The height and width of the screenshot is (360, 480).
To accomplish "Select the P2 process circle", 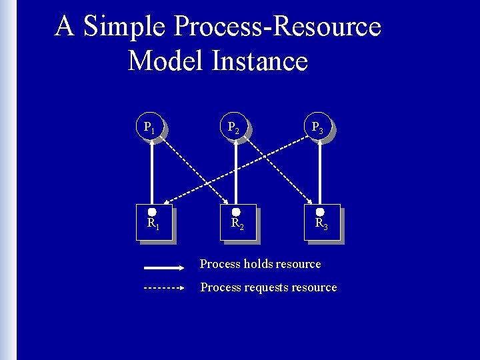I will pos(234,126).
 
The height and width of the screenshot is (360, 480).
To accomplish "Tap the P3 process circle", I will pos(318,126).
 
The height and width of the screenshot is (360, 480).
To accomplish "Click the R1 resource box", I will pos(154,222).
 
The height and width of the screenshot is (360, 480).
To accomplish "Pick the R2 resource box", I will pos(238,222).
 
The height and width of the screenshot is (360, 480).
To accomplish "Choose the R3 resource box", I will pos(322,222).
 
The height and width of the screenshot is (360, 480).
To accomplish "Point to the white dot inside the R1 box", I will pos(152,212).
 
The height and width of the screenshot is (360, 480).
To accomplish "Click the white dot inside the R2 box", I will pos(236,212).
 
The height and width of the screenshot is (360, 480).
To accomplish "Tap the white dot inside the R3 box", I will pos(320,212).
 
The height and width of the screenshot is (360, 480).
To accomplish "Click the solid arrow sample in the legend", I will pos(163,267).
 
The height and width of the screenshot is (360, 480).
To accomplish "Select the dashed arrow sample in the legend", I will pos(163,289).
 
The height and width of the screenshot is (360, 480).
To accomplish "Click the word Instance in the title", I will pos(260,61).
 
